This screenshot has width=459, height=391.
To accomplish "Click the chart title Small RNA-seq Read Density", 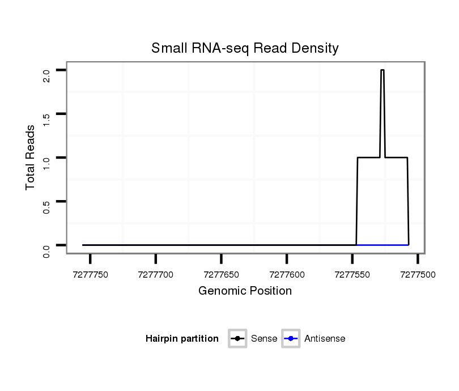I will (x=245, y=48).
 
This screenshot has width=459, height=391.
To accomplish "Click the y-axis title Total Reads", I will (x=31, y=158).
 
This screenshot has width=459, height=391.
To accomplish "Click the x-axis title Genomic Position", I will (x=245, y=291).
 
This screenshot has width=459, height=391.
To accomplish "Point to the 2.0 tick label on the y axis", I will (x=46, y=75).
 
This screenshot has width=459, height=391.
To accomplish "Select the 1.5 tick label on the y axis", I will (x=46, y=119).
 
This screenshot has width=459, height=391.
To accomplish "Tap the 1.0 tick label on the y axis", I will (x=46, y=163).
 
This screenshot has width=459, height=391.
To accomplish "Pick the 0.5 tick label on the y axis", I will (x=46, y=206).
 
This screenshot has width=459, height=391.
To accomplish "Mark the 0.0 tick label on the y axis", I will (x=46, y=250).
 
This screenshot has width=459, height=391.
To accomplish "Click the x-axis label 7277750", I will (x=91, y=274).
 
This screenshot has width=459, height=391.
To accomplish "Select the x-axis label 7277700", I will (x=156, y=274).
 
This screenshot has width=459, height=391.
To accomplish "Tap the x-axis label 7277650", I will (x=222, y=274).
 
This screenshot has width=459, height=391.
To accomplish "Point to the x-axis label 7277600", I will (x=287, y=274).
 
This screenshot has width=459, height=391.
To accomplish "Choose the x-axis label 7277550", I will (x=352, y=274).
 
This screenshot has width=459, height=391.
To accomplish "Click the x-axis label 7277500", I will (x=418, y=274).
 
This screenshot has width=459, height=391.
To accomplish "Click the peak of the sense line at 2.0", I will (x=382, y=70).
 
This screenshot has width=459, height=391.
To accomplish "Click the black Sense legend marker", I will (x=237, y=339).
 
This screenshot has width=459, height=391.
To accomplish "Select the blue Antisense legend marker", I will (x=290, y=339).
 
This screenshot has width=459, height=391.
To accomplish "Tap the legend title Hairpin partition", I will (x=182, y=339).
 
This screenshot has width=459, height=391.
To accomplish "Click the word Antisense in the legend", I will (x=325, y=339).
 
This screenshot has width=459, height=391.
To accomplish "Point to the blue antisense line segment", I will (x=382, y=245).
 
